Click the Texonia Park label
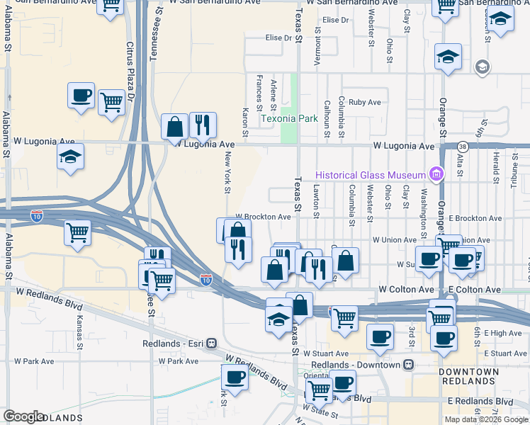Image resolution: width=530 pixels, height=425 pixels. coord(289,119)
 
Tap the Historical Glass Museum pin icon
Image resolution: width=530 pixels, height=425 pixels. coord(437,174)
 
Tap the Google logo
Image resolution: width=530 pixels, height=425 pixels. coord(23,416)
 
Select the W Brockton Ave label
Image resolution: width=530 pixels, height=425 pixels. coord(263,217)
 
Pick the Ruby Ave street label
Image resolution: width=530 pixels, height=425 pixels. coord(365,102)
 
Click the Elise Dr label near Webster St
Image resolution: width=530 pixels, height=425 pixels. coord(336,20)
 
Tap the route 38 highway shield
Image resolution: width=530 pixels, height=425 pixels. coord(463,146)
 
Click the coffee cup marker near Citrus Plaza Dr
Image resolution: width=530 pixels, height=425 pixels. coord(81,95)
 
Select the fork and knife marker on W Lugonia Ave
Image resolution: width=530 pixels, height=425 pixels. coord(203,125)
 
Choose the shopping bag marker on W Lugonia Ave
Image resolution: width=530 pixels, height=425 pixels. coord(174,127)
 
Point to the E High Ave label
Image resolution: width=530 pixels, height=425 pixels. coord(504,333)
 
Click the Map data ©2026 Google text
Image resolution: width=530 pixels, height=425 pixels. coord(485,419)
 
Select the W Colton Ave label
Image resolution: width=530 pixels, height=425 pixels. coord(405,290)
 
